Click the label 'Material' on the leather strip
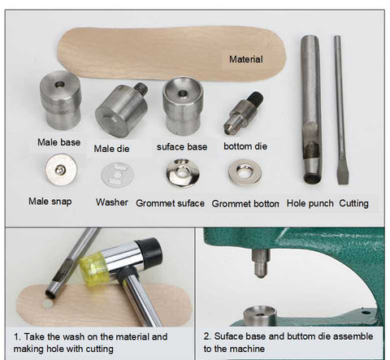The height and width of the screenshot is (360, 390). coord(246,59)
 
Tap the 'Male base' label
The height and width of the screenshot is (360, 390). coord(58,142)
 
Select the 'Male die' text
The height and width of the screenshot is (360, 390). coord(111,149)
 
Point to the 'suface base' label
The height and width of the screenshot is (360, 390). coord(182,147)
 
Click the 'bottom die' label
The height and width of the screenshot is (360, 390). coord(245,146)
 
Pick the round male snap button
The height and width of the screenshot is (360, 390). coord(61,170)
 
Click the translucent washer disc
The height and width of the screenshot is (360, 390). coord(118,175)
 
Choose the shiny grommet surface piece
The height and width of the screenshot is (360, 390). coord(183,173)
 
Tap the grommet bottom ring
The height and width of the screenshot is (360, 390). coord(245,171)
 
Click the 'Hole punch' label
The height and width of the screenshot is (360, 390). coord(310,203)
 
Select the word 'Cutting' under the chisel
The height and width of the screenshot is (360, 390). coord(353,203)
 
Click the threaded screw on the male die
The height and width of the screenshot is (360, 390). coord(141,88)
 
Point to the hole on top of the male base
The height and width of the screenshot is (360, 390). coord(59,85)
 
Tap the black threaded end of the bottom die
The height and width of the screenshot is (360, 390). coord(256,97)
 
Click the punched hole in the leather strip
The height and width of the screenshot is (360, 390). coord(46,304)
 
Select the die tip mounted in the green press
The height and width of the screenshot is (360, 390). coord(261,263)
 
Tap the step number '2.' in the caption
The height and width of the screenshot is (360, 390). coord(207,336)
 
